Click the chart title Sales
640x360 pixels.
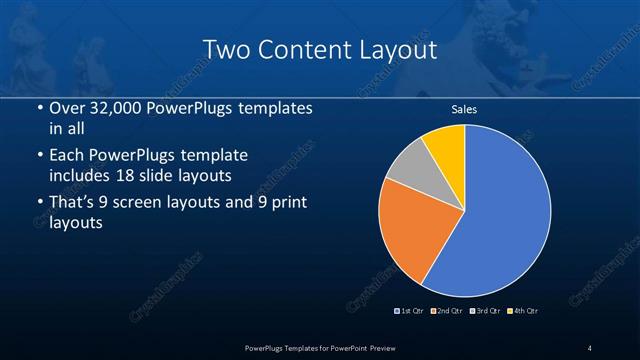pyautogui.click(x=464, y=109)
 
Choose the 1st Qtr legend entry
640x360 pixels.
pyautogui.click(x=411, y=311)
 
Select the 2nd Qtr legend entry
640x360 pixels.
pyautogui.click(x=446, y=311)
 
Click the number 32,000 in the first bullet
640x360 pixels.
pyautogui.click(x=114, y=107)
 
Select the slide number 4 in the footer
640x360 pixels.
pyautogui.click(x=589, y=347)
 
